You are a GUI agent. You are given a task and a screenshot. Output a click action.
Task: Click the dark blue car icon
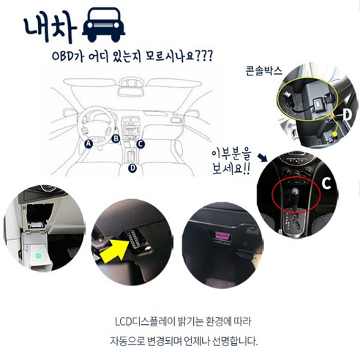coord(104,24)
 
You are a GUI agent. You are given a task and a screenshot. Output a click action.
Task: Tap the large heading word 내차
coord(50,28)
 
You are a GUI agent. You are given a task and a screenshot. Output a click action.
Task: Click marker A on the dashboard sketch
coord(89,144)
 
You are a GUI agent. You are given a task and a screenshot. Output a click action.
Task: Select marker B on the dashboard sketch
coord(116,138)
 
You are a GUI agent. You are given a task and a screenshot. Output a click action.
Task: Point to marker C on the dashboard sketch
coord(140,144)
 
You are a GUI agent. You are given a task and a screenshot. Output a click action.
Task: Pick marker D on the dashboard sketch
coord(132,168)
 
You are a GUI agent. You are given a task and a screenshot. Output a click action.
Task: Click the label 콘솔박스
coord(263,71)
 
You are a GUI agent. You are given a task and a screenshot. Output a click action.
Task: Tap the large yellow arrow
coord(115,250)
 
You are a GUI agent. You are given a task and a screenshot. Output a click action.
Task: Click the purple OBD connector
coord(222,236)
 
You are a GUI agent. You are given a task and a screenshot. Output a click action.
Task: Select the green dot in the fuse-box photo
coord(38,255)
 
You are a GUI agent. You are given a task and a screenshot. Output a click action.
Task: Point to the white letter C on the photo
coord(326,184)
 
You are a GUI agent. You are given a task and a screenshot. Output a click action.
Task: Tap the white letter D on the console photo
coord(348,115)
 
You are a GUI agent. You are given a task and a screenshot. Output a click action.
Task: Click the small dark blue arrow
coord(263,157)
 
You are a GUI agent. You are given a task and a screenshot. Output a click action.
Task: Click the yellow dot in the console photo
coord(335,134)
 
